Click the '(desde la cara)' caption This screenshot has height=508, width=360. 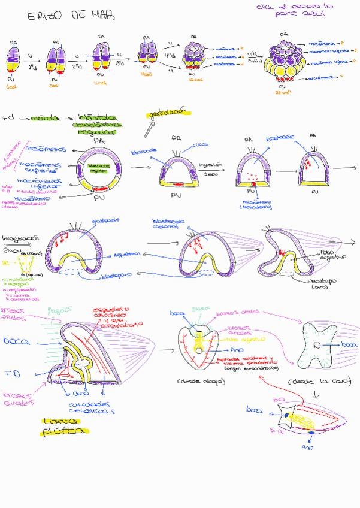pos(318,382)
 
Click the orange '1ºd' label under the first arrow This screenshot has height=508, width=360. pos(31,65)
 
